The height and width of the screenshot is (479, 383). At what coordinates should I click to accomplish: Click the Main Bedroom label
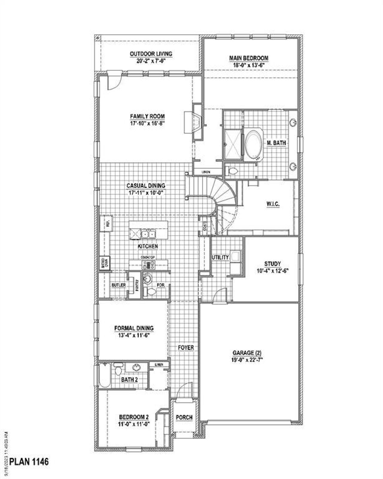click(x=249, y=58)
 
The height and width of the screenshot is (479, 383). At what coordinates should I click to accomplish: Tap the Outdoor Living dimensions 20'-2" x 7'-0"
click(x=151, y=60)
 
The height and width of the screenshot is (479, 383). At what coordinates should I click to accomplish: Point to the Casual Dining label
click(x=146, y=186)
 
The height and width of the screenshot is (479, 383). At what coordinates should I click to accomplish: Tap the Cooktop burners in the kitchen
click(x=148, y=265)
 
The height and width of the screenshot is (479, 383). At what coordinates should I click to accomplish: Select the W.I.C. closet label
click(x=273, y=204)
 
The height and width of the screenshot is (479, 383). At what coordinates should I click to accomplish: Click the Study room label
click(x=272, y=264)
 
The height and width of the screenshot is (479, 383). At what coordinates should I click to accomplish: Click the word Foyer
click(x=186, y=348)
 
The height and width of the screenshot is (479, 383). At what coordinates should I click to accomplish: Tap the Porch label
click(x=184, y=417)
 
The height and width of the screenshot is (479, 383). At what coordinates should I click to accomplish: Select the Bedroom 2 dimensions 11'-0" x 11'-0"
click(x=134, y=424)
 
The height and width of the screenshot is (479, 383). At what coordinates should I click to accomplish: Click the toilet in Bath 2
click(x=118, y=369)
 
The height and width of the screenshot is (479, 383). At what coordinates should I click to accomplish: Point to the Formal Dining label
click(x=134, y=328)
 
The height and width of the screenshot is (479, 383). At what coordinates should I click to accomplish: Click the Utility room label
click(x=220, y=257)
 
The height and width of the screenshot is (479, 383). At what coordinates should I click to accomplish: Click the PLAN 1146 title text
click(x=29, y=462)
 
